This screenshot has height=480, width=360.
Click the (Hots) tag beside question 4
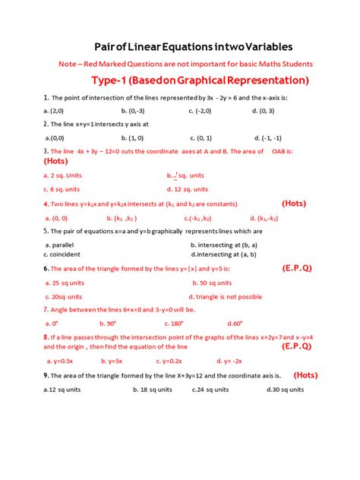pos(294,204)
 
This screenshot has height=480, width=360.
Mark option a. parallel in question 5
pos(62,245)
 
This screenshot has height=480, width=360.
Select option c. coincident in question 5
pos(65,255)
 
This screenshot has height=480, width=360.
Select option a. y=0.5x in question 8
pos(58,361)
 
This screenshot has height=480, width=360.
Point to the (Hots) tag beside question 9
pos(305,374)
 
